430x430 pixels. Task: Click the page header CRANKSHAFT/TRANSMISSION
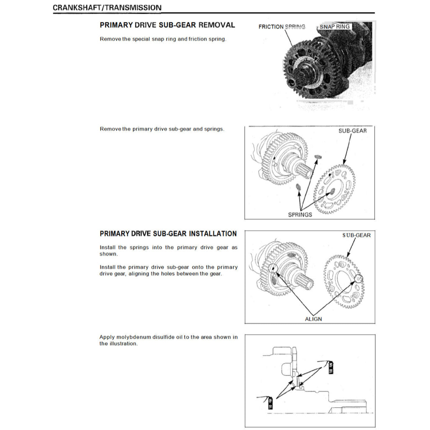click(107, 8)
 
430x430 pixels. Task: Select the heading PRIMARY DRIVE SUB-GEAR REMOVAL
click(167, 25)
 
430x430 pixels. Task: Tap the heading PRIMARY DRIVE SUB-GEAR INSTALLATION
click(168, 233)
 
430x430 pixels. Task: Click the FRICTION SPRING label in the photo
click(282, 27)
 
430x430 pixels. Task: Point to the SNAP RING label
click(335, 26)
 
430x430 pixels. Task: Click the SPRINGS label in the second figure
click(300, 215)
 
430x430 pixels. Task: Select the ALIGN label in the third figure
click(313, 319)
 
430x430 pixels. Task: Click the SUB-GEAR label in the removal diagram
click(352, 131)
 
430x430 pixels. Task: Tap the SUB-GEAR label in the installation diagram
click(356, 235)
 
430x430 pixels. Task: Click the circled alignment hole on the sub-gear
click(358, 278)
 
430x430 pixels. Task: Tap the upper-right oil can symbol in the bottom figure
click(330, 367)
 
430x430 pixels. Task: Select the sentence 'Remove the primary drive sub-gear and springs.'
click(162, 129)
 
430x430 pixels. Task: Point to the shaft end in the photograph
click(299, 79)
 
